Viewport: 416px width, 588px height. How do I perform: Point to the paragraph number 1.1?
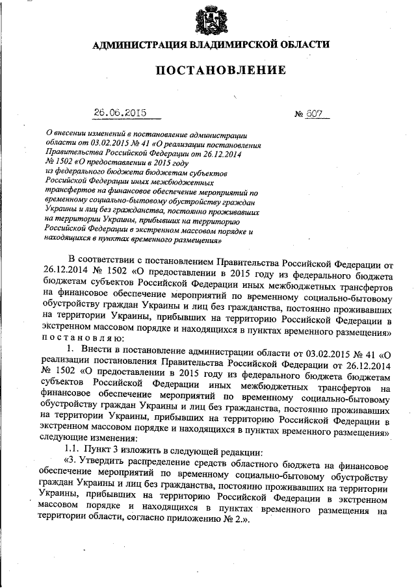72,451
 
